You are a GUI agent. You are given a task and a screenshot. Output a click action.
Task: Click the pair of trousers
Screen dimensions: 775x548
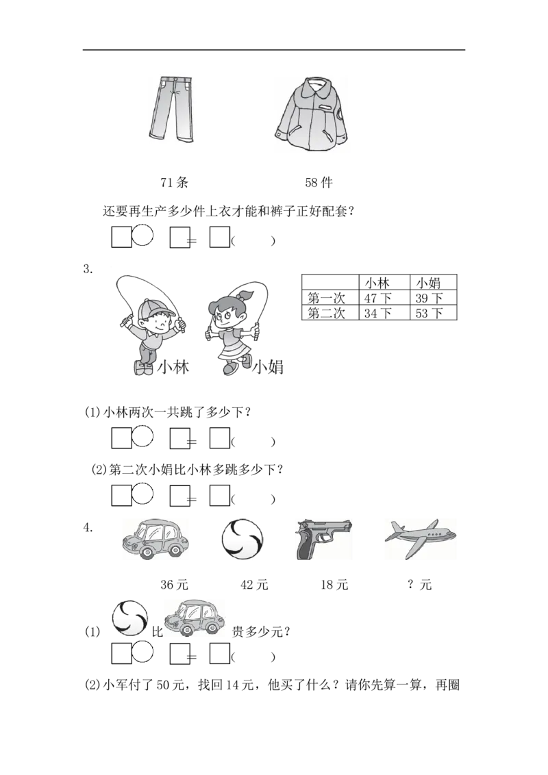tap(171, 110)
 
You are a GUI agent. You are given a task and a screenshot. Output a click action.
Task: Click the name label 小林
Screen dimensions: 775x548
tap(173, 368)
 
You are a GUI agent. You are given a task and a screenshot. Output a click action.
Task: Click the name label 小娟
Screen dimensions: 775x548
tap(268, 368)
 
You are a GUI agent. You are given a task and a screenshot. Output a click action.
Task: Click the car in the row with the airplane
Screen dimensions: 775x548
tap(155, 539)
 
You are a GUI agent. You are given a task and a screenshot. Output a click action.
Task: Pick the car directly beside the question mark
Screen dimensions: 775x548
tap(195, 619)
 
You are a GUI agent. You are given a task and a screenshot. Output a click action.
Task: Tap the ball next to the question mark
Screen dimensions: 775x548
tap(129, 618)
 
